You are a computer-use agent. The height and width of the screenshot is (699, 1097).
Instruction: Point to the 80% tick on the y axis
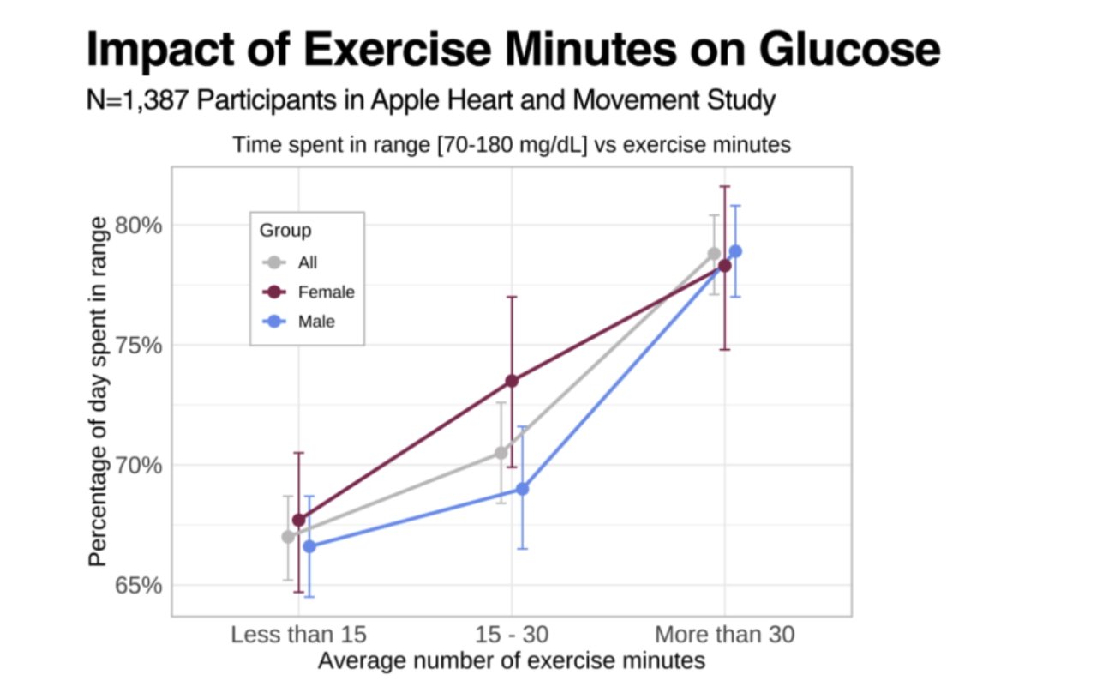tap(138, 226)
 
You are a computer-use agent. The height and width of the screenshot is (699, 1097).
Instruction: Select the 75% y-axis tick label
tap(138, 346)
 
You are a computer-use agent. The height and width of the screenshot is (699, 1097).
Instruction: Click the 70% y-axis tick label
tap(138, 466)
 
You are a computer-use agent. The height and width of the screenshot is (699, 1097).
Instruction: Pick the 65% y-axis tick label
tap(138, 586)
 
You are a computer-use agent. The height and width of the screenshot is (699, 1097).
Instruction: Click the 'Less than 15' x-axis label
tap(298, 635)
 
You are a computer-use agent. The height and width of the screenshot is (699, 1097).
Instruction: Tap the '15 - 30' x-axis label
tap(512, 635)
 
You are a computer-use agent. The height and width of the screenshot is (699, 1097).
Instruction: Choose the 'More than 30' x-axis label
tap(724, 635)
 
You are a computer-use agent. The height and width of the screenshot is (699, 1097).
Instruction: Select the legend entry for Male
tap(316, 322)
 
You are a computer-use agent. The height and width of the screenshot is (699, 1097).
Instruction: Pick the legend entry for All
tap(307, 262)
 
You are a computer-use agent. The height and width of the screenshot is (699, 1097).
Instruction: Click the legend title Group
tap(285, 231)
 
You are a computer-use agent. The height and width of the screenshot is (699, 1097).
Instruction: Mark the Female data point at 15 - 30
tap(512, 381)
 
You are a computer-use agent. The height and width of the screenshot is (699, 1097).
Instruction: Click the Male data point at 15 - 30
tap(522, 489)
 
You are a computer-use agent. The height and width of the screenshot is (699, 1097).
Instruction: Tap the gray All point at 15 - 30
tap(501, 453)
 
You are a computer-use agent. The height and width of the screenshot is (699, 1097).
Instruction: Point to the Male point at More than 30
tap(735, 251)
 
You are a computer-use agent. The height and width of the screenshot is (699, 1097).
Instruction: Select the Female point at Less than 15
tap(299, 520)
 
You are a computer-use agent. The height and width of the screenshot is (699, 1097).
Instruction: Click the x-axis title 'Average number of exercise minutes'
tap(512, 661)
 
